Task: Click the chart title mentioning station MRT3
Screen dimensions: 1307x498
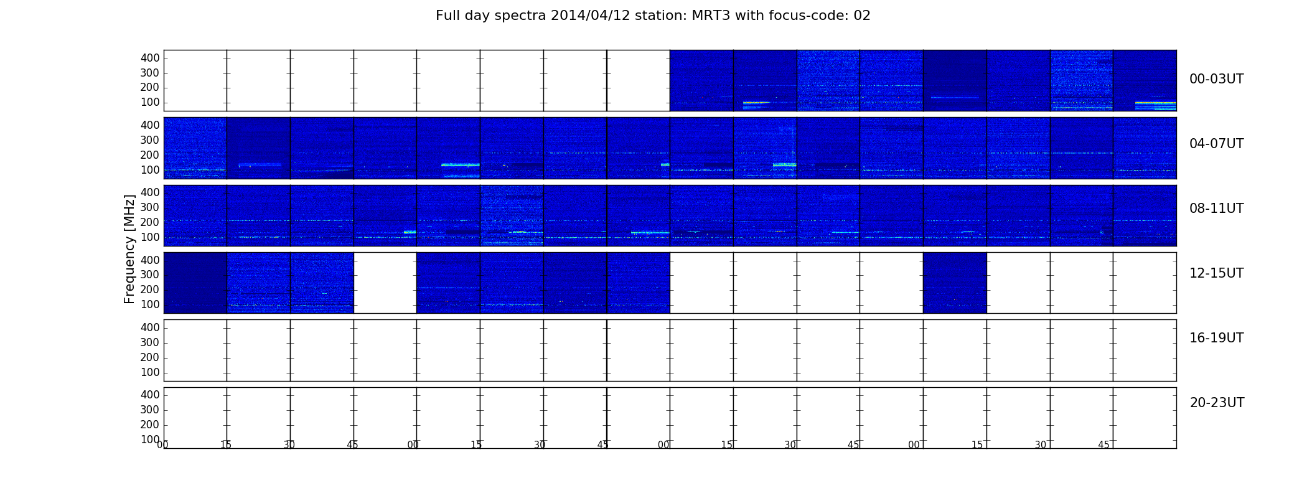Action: coord(653,16)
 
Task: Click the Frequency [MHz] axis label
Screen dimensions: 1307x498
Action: coord(129,249)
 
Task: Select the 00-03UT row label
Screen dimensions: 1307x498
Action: coord(1216,79)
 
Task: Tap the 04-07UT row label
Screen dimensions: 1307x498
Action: coord(1216,144)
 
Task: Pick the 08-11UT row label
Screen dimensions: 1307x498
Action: coord(1216,209)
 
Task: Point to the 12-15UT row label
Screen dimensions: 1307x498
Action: coord(1216,273)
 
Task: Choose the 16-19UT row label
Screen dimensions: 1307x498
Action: coord(1216,338)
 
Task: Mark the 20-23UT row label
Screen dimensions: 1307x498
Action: coord(1217,403)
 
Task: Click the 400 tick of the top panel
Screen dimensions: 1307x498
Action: coord(150,58)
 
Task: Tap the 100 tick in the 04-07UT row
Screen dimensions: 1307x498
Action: coord(150,170)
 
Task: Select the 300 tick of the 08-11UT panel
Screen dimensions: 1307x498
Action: coord(150,207)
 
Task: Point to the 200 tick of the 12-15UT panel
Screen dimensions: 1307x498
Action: coord(150,289)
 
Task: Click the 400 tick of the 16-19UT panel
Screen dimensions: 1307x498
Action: coord(150,327)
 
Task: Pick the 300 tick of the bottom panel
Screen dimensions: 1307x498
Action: coord(150,410)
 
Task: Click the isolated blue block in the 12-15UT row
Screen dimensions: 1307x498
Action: coord(955,283)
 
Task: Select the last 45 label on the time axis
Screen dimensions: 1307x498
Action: coord(1103,445)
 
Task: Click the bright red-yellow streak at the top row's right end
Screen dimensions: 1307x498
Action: coord(1156,103)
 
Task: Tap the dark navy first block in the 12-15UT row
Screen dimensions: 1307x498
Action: coord(195,283)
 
